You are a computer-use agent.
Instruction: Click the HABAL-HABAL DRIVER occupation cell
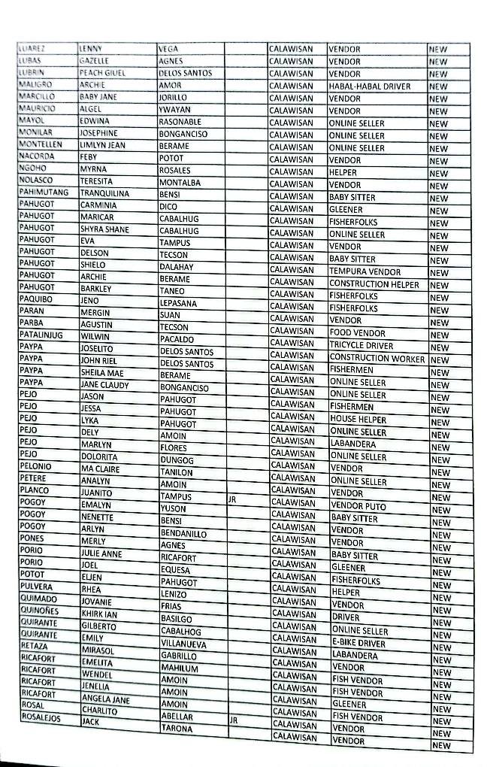369,86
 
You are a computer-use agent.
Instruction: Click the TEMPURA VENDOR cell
365,271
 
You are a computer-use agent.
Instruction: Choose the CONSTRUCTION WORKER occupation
377,358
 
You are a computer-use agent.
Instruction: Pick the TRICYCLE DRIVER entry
361,346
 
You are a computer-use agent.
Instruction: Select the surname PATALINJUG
41,335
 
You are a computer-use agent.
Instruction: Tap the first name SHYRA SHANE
104,230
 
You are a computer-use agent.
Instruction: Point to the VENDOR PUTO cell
358,507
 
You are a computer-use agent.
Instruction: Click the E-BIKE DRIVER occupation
358,644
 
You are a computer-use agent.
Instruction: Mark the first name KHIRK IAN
100,614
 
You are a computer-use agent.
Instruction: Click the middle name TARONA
177,729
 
